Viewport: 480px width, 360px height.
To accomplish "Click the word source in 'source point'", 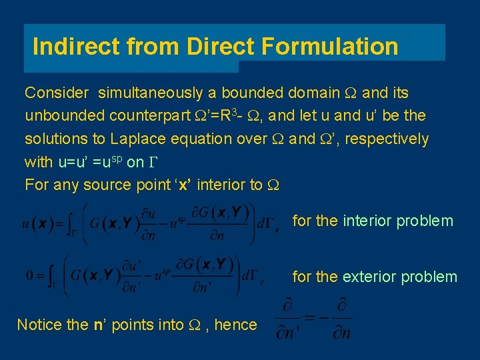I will point(105,185).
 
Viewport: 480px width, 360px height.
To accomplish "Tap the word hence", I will point(235,325).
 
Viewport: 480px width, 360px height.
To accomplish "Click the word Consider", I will point(55,93).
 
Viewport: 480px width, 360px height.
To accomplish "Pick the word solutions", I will point(53,139).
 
